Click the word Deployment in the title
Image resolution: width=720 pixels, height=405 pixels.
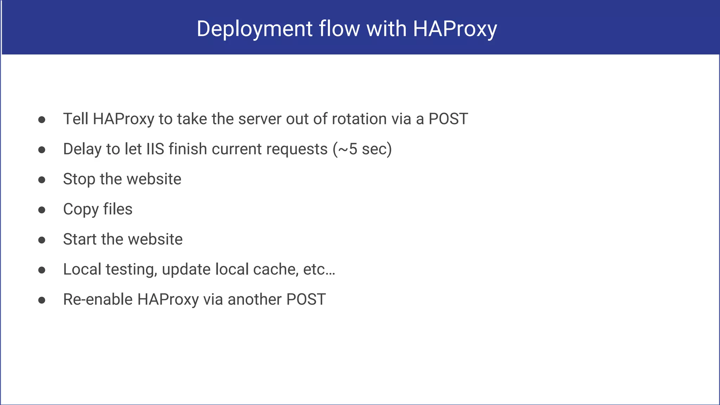(255, 29)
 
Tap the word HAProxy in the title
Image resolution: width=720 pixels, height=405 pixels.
(455, 29)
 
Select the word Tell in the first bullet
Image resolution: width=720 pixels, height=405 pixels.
(76, 119)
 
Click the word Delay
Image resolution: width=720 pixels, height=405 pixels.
(82, 149)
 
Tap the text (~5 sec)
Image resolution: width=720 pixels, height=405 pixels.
(362, 149)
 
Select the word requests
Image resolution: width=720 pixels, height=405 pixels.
(297, 149)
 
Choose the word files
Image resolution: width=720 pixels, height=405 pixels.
(118, 209)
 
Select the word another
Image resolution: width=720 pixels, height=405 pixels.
(255, 300)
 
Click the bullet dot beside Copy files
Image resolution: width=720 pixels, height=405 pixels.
(42, 210)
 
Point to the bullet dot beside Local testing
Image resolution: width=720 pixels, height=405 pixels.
(42, 270)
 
